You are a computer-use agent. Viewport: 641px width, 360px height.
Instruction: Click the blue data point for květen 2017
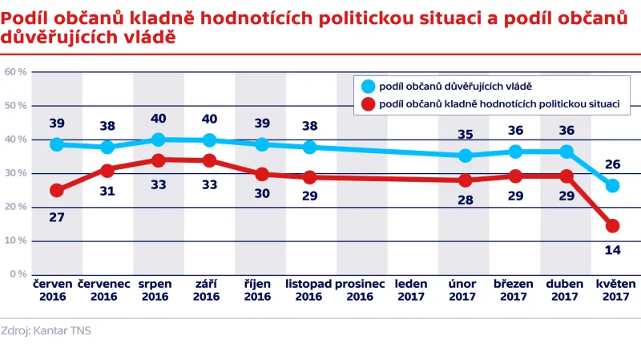click(613, 186)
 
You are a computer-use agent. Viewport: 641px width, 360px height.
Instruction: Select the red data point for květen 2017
click(613, 226)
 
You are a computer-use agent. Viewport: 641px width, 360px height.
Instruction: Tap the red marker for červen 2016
click(57, 190)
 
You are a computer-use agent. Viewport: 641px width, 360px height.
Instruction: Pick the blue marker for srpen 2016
click(159, 140)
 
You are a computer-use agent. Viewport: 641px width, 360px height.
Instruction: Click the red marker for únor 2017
click(465, 180)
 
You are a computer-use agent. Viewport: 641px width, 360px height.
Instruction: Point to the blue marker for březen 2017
click(516, 152)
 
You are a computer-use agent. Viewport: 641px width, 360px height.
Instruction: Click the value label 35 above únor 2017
click(465, 133)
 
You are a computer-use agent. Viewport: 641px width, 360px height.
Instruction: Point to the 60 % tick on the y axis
click(16, 72)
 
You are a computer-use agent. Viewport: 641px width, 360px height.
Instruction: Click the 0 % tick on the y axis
click(18, 274)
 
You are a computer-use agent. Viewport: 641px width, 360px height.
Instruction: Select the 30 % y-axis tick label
click(16, 173)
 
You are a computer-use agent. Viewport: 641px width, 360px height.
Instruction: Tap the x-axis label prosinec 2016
click(361, 290)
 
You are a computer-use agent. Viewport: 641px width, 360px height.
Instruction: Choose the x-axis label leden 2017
click(412, 290)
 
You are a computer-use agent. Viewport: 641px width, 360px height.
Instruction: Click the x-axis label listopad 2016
click(308, 290)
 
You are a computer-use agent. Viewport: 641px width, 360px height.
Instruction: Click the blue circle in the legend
click(368, 86)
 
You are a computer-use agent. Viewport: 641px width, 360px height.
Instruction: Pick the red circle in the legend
click(368, 103)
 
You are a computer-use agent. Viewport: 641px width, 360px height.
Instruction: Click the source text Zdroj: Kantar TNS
click(46, 330)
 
